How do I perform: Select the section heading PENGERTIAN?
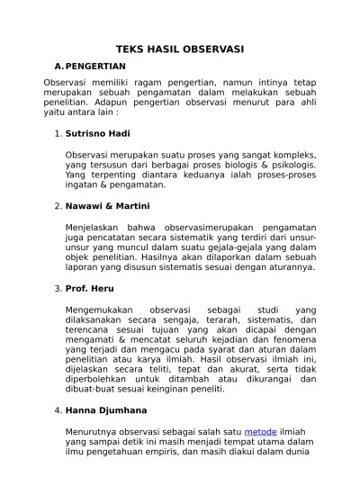tap(95, 66)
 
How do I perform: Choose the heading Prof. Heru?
tap(90, 288)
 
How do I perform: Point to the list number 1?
tap(57, 135)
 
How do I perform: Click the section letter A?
tap(59, 66)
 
